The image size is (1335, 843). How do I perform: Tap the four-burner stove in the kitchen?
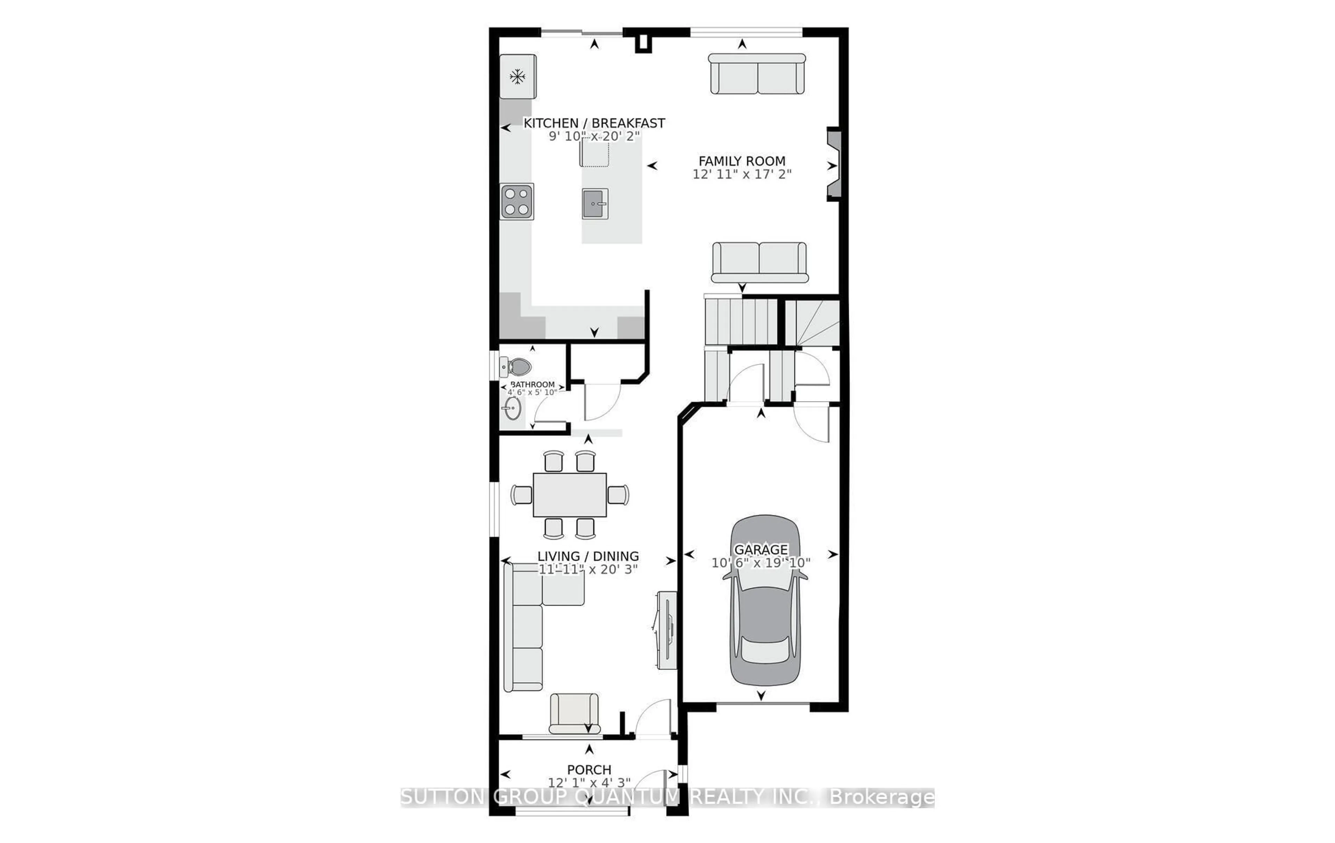coord(517,201)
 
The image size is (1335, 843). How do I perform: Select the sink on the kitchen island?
coord(595,203)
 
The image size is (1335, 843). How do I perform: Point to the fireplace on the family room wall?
coord(833,165)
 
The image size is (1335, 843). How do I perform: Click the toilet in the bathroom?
coord(516,366)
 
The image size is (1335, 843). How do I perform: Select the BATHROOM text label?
coord(532,384)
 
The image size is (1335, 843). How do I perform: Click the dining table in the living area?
coord(569,494)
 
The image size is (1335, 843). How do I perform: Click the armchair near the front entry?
coord(574,713)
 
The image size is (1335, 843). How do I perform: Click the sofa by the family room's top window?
coord(757,74)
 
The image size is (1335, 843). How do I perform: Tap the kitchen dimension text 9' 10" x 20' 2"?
coord(594,136)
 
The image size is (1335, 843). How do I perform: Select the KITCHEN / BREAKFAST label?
coord(594,123)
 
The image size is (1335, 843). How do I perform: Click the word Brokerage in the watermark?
coord(882,797)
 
